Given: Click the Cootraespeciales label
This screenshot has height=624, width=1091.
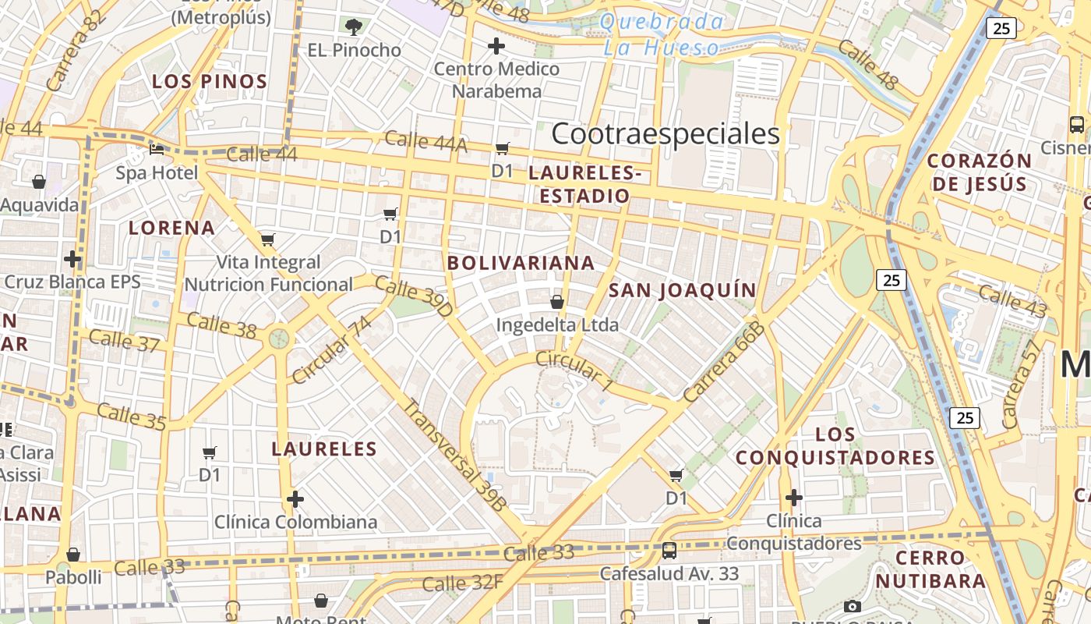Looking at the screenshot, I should tap(666, 134).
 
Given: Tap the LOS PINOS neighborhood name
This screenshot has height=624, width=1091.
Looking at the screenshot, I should tap(210, 81).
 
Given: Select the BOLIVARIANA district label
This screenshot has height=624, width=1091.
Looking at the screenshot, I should tap(521, 264).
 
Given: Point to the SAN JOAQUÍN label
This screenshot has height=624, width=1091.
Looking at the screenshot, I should tap(683, 291).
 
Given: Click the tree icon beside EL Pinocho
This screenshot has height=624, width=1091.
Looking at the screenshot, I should tap(354, 27).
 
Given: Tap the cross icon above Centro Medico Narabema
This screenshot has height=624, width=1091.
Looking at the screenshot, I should tap(496, 47).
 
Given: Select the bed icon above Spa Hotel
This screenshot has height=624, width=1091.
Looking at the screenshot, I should tap(157, 148).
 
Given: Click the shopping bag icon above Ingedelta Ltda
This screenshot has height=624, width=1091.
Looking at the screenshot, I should tap(557, 301).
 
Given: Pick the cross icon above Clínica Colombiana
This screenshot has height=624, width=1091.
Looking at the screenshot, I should tap(295, 498).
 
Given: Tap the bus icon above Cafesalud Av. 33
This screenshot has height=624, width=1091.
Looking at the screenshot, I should tap(669, 551).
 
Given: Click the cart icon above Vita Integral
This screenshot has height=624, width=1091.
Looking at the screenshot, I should tap(268, 239).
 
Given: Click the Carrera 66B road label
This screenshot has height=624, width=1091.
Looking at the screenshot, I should tap(724, 361).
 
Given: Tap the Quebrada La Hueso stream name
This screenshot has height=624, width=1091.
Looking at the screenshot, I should tap(662, 34).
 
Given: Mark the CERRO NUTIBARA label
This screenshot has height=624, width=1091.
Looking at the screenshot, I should tap(930, 569).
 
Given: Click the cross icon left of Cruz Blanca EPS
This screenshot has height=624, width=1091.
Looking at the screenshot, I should tap(72, 258).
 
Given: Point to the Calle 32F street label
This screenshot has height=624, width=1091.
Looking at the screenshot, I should tap(462, 581).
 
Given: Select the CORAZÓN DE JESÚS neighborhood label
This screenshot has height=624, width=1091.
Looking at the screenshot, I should tap(980, 172).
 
